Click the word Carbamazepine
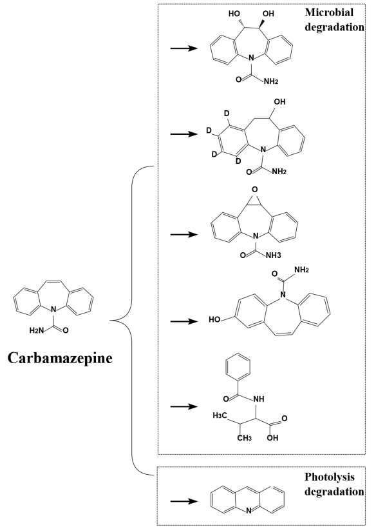point(60,358)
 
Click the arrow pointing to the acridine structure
point(183,501)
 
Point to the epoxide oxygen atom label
point(255,190)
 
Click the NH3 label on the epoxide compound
point(274,255)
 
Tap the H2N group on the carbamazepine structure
point(37,331)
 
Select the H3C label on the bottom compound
point(220,416)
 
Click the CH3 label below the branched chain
point(245,438)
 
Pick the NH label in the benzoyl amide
point(259,399)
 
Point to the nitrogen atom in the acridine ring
point(249,512)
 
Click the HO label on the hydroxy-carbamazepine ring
point(214,319)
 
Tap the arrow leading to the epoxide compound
point(183,234)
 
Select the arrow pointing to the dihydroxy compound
point(183,48)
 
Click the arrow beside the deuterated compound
point(183,134)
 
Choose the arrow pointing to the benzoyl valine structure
point(183,406)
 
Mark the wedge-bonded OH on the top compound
point(268,14)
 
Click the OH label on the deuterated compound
point(279,101)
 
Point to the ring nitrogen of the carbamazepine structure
point(53,308)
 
